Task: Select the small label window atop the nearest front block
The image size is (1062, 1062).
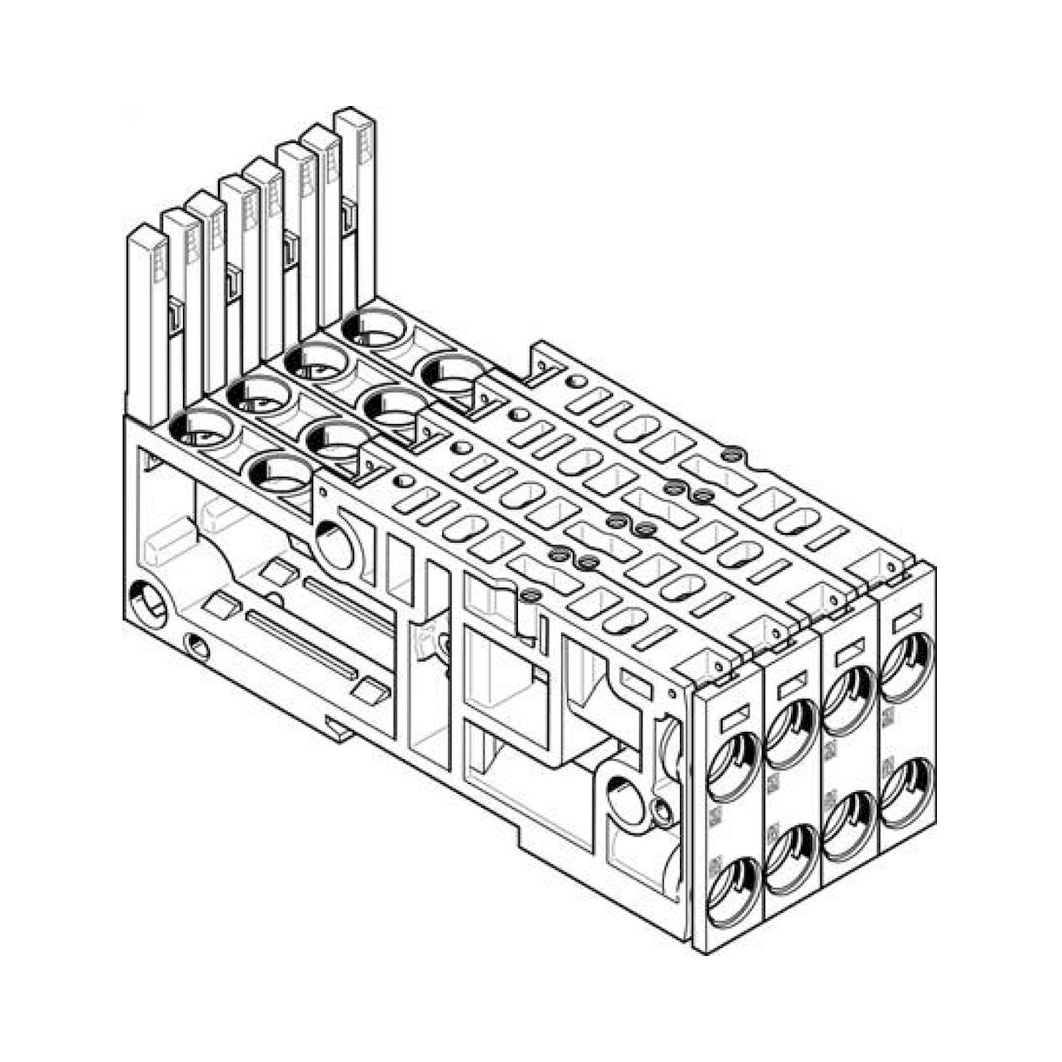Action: tap(733, 718)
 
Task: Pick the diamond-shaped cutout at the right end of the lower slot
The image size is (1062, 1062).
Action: tap(371, 691)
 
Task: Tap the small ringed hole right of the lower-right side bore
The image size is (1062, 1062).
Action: tap(662, 810)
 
